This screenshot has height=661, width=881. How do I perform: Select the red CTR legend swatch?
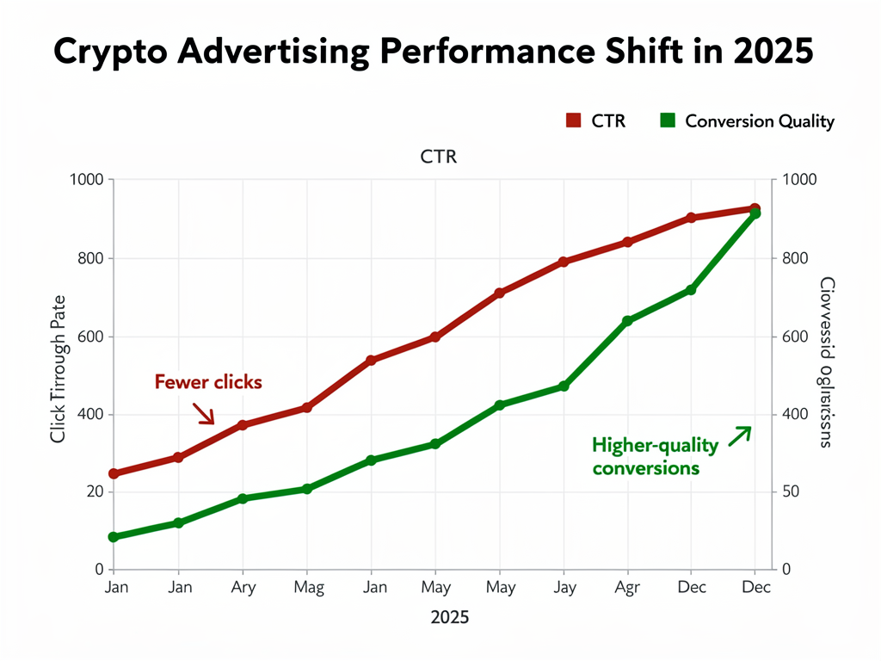574,120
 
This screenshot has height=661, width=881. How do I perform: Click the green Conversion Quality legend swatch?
667,120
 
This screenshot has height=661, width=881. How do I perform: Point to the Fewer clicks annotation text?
208,381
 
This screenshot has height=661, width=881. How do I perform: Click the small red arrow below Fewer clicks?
204,414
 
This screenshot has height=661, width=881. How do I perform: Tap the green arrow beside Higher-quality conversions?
740,436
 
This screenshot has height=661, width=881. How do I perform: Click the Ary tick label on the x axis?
243,588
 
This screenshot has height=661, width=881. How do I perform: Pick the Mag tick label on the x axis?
308,588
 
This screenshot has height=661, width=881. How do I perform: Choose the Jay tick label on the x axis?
564,588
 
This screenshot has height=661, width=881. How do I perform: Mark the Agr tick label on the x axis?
628,588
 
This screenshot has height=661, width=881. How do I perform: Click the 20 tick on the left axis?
93,492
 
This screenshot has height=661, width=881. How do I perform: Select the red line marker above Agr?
627,242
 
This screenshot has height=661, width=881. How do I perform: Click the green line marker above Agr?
627,321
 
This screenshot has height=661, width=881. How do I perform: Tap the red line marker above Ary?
243,425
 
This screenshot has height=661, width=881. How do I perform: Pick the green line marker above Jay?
564,386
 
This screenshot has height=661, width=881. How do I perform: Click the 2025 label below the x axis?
447,618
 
